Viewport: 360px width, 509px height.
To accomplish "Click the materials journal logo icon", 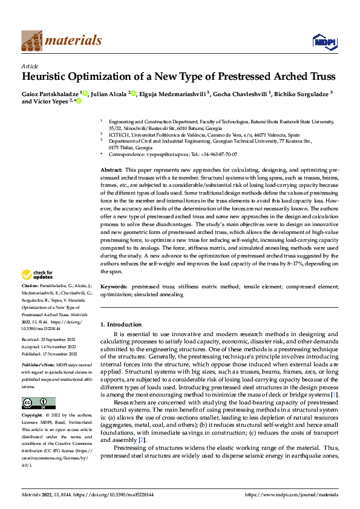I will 32,40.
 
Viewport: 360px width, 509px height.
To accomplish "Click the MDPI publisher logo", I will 324,41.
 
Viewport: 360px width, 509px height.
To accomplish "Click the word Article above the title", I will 30,66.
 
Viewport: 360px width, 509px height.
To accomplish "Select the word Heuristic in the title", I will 47,77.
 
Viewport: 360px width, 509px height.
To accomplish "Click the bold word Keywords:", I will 113,286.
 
